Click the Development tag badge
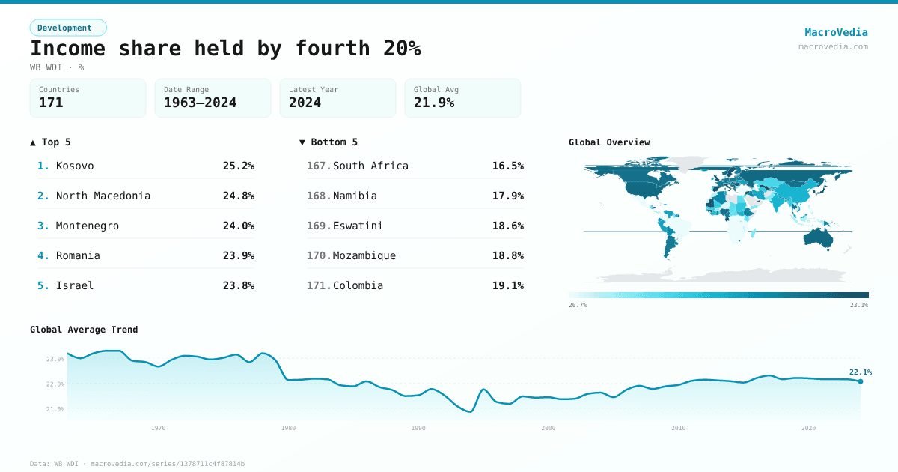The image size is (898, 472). click(68, 28)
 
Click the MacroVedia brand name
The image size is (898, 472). click(836, 32)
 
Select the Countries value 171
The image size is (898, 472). click(51, 103)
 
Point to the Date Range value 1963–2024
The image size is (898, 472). click(200, 103)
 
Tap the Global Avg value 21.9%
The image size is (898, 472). click(434, 103)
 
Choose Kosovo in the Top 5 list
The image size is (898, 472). click(75, 166)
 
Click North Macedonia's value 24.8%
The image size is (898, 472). click(238, 196)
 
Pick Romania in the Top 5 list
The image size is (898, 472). click(78, 255)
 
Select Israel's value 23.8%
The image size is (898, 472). click(238, 285)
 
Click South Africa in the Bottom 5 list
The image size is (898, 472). click(370, 166)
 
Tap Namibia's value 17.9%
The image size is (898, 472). click(507, 196)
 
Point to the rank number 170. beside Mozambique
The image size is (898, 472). click(318, 255)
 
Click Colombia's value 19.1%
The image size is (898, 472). click(507, 285)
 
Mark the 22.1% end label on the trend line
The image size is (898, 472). click(860, 372)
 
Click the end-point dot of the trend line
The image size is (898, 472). click(861, 381)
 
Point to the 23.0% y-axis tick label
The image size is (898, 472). click(55, 360)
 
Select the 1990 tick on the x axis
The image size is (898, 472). click(418, 428)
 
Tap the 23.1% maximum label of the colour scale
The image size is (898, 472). click(858, 305)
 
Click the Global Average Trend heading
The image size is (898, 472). click(84, 330)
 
